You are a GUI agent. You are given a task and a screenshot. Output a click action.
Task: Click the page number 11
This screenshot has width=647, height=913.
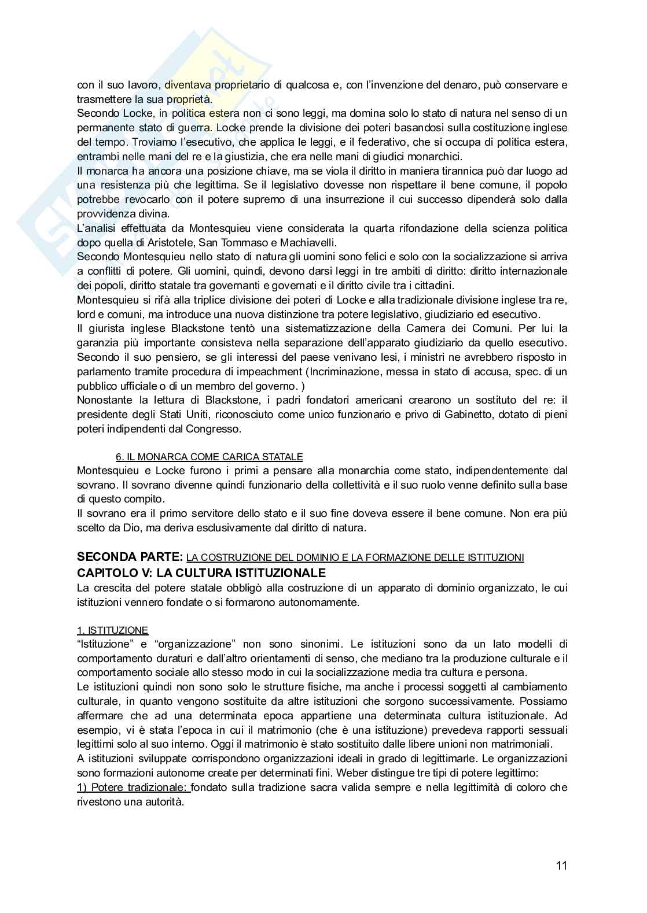point(561,866)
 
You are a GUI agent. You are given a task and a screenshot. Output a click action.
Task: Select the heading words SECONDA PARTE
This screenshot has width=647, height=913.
point(130,557)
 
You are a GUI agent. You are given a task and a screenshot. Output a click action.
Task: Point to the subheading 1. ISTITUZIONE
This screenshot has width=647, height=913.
point(112,630)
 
